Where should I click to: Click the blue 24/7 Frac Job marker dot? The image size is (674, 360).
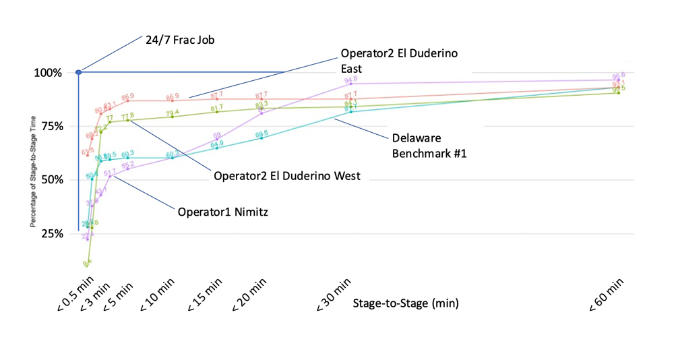[x=79, y=72]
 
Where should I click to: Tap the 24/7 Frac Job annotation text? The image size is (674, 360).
[x=180, y=40]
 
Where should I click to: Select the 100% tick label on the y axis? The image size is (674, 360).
[x=49, y=73]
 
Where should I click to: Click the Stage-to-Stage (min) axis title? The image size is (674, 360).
[x=406, y=303]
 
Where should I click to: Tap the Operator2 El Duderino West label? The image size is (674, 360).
[x=287, y=176]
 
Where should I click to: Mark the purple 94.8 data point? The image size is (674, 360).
[x=351, y=84]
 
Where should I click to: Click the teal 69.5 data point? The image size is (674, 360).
[x=262, y=138]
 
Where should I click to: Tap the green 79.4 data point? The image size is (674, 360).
[x=173, y=117]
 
